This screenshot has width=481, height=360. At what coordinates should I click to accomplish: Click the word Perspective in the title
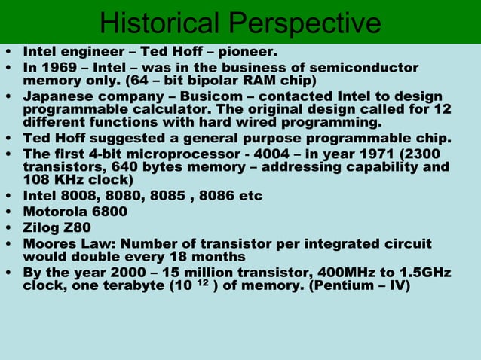[x=305, y=24]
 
